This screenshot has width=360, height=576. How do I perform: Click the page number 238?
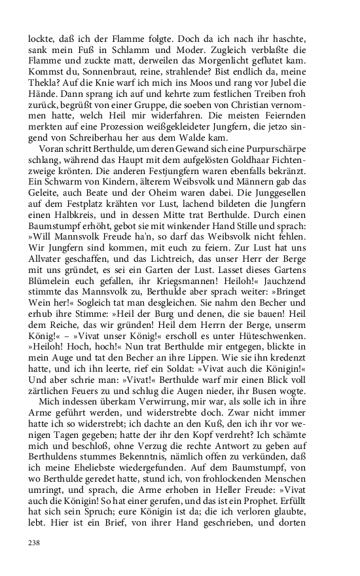pos(34,543)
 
